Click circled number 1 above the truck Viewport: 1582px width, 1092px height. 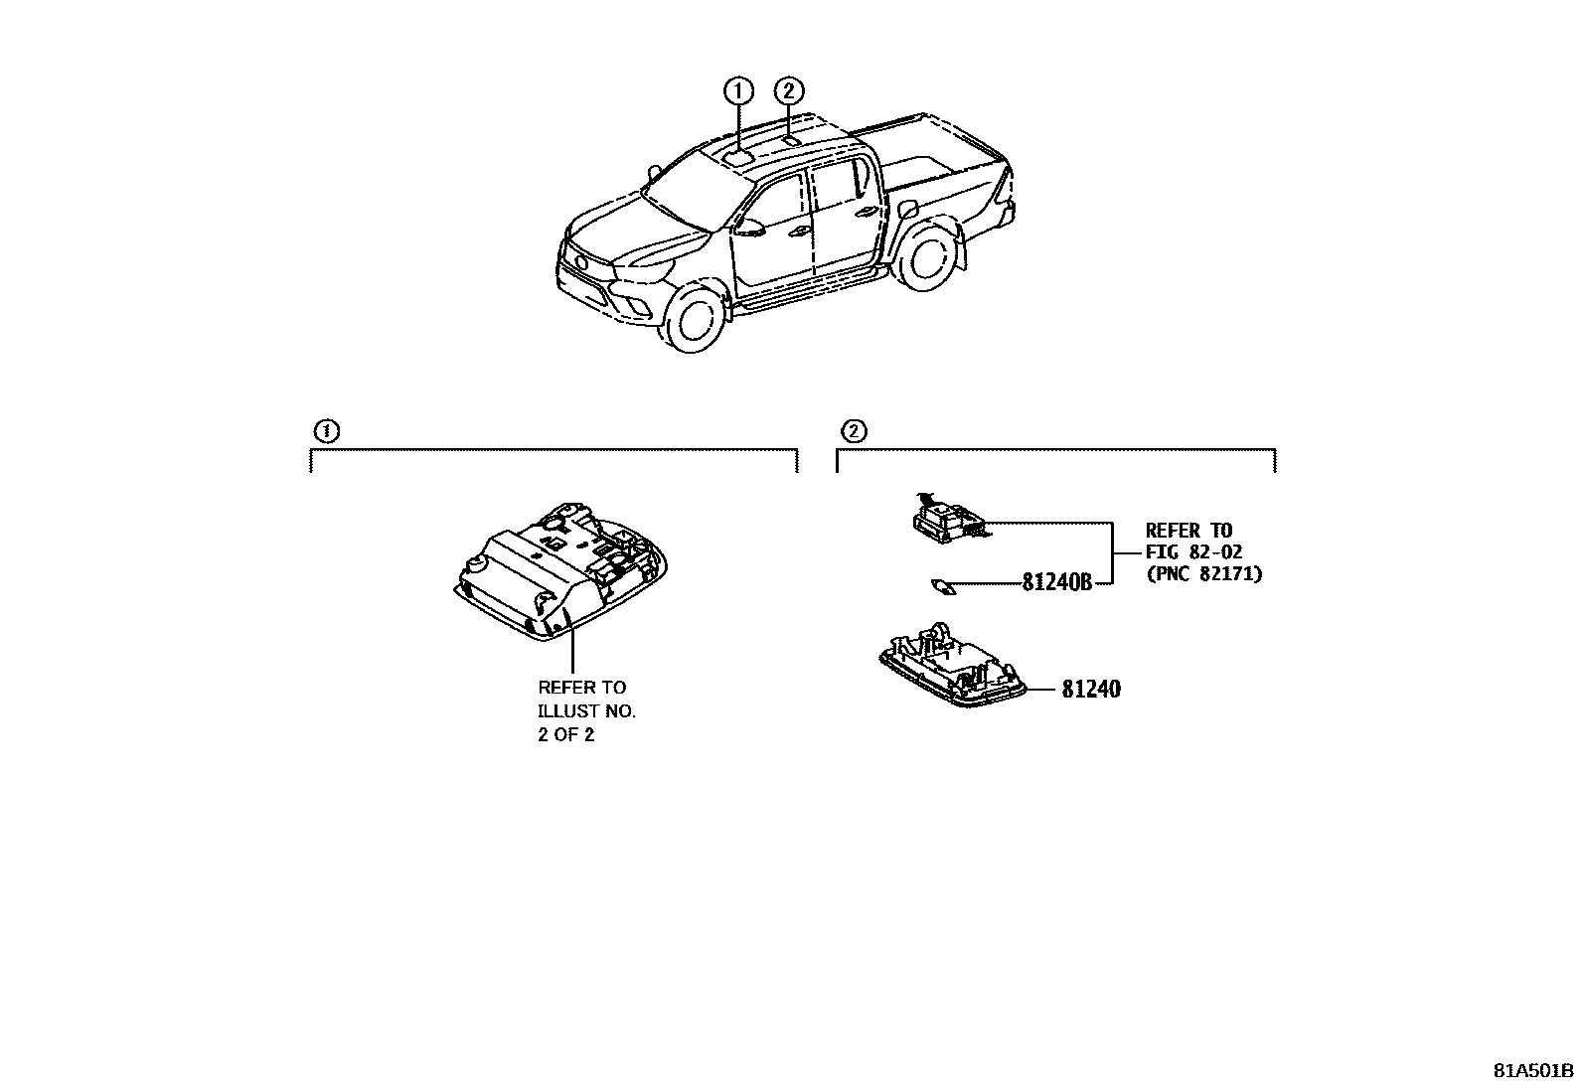coord(737,91)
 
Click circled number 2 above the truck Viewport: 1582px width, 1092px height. coord(788,91)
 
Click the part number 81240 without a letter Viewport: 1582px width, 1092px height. coord(1090,689)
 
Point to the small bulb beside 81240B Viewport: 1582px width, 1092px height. coord(941,586)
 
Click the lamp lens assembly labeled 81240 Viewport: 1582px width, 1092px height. coord(951,671)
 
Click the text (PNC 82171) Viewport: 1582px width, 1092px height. coord(1203,574)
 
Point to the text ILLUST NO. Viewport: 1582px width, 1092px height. coord(586,711)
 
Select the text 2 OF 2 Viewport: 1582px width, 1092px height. coord(565,736)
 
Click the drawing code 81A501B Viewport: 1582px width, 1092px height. coord(1533,1071)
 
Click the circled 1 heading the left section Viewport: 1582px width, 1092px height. coord(325,431)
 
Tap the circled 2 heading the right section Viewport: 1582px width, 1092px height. coord(853,431)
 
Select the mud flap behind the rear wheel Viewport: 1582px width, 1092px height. coord(961,250)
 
